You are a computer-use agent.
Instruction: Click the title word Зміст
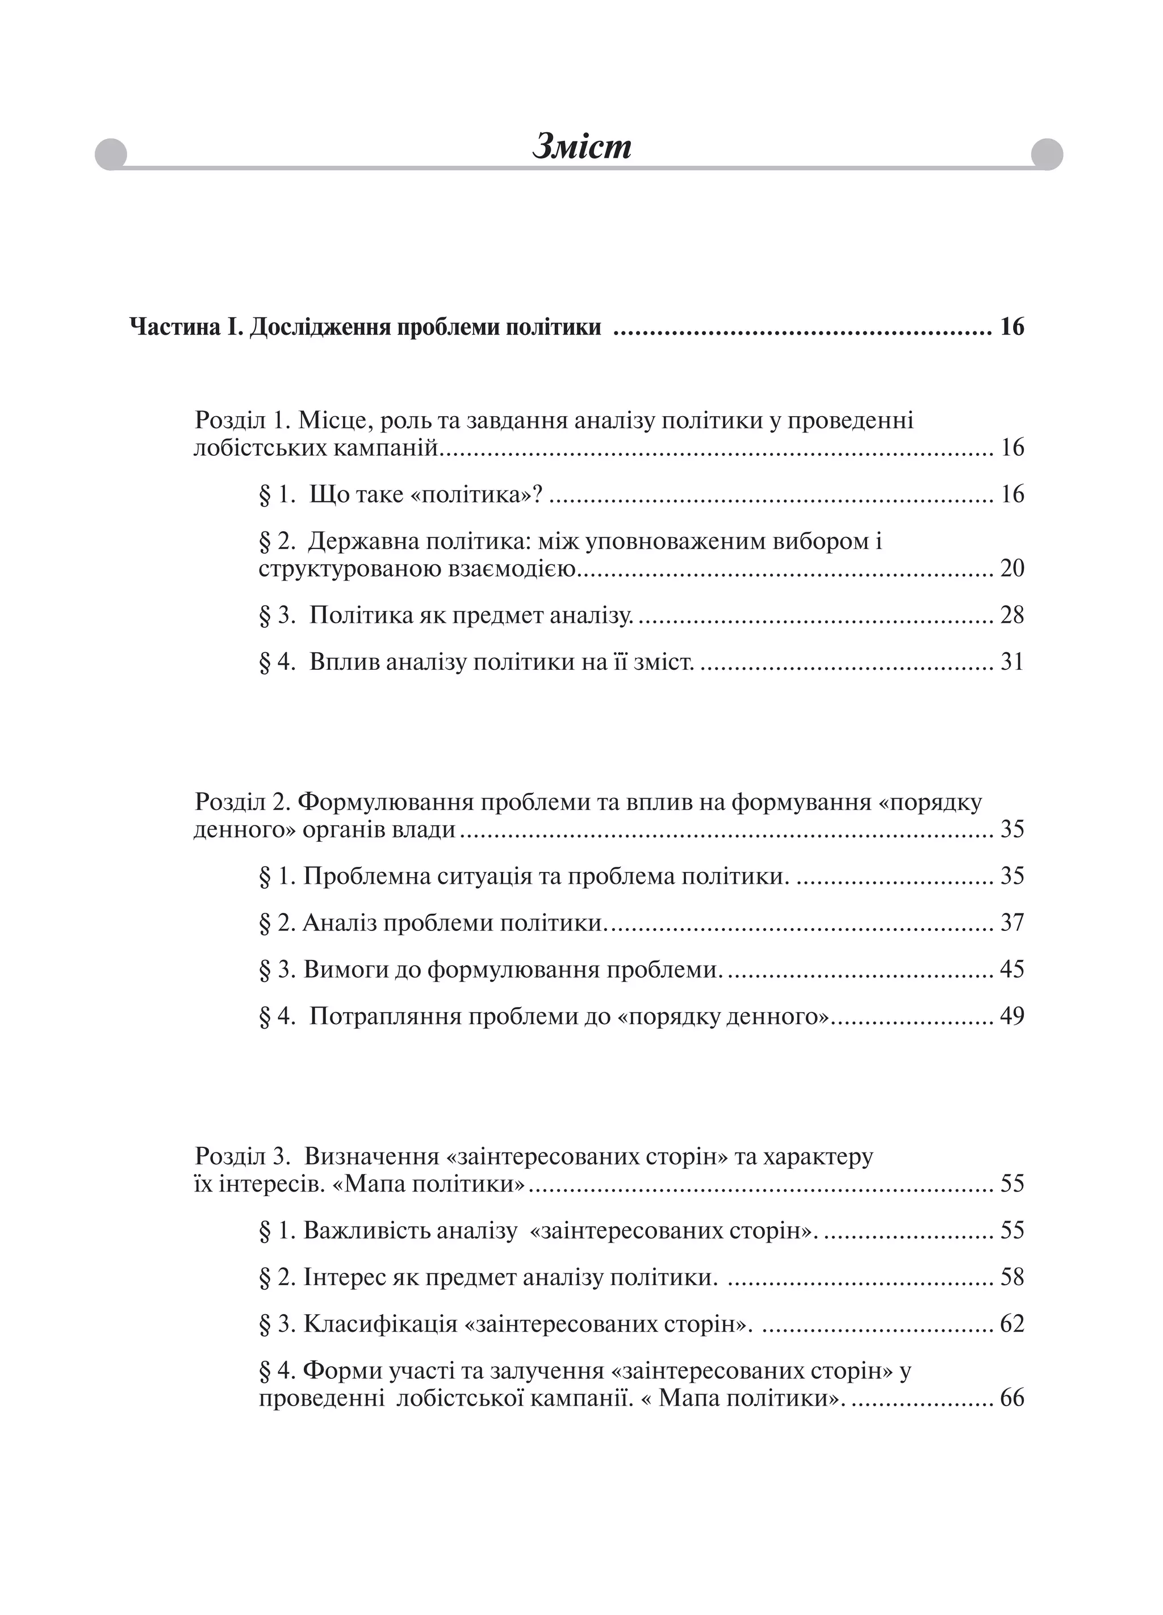click(x=581, y=146)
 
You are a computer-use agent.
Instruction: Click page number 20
click(x=1011, y=569)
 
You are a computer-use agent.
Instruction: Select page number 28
click(x=1011, y=615)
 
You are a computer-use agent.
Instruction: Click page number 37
click(x=1011, y=923)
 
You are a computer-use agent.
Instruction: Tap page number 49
click(x=1011, y=1016)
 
